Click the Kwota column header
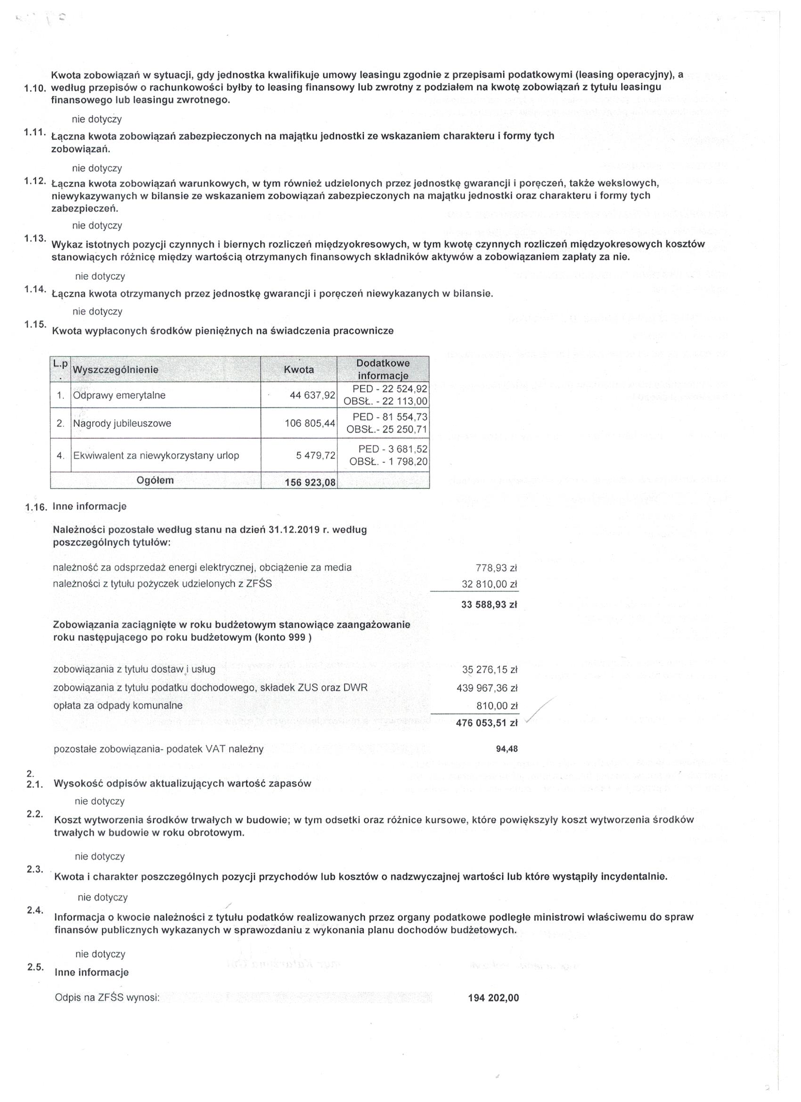click(298, 369)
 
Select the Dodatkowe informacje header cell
click(383, 369)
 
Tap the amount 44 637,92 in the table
click(312, 395)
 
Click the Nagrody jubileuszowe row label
click(122, 423)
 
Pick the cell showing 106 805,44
click(310, 423)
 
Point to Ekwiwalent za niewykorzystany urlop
click(156, 456)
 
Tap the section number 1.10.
click(34, 89)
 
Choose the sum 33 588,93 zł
click(489, 605)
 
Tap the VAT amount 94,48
click(507, 749)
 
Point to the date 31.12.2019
click(292, 530)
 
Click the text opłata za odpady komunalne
click(118, 706)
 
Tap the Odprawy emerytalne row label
click(119, 395)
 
